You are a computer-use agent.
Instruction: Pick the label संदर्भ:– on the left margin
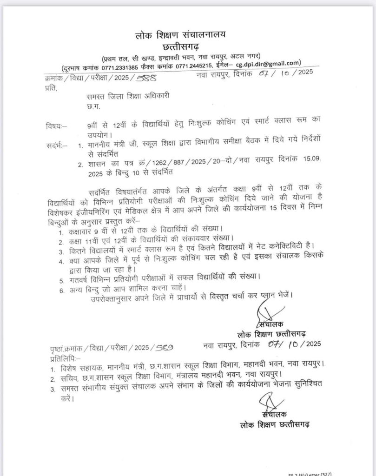(57, 146)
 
